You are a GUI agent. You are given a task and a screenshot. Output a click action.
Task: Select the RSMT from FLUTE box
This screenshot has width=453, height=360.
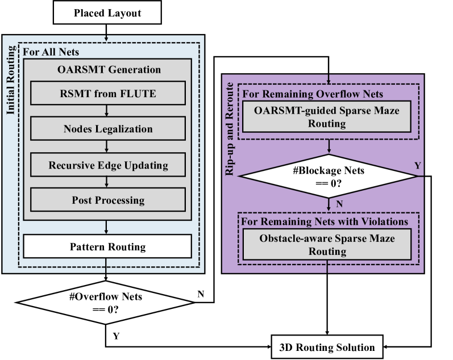click(x=108, y=93)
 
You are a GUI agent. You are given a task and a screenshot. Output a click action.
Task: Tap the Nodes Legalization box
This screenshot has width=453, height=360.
click(x=108, y=129)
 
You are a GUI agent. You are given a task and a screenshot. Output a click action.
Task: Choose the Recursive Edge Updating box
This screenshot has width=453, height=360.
click(x=108, y=165)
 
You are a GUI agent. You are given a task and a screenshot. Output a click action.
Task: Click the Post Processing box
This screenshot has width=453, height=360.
click(x=108, y=200)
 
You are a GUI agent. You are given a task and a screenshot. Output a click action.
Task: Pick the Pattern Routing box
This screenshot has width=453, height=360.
click(x=107, y=247)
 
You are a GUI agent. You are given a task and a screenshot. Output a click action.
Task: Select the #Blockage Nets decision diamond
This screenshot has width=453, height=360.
click(x=329, y=176)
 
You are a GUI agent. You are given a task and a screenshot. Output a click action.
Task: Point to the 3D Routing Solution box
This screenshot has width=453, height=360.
click(x=327, y=347)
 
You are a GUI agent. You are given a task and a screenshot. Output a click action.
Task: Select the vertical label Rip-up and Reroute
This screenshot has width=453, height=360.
click(x=230, y=135)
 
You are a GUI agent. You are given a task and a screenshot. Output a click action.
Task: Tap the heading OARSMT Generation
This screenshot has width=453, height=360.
click(x=109, y=70)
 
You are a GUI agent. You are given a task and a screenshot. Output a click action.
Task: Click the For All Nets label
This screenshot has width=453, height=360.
click(x=51, y=52)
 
